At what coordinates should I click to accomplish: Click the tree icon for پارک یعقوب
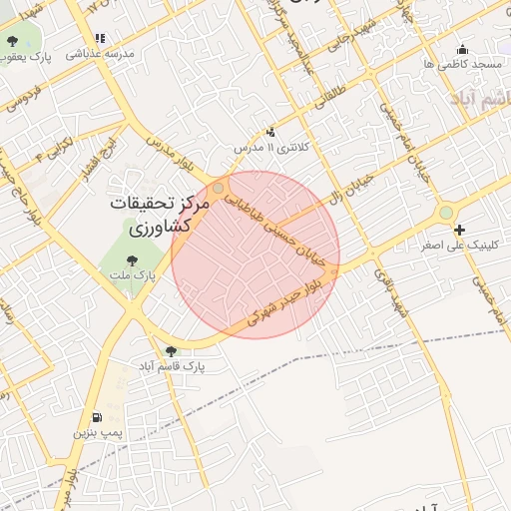pyautogui.click(x=12, y=41)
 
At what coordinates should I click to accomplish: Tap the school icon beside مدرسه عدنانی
pyautogui.click(x=101, y=38)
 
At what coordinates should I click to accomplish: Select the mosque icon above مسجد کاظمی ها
pyautogui.click(x=461, y=48)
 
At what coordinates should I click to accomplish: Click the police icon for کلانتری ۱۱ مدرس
pyautogui.click(x=269, y=132)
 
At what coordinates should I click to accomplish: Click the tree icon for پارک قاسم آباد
pyautogui.click(x=171, y=350)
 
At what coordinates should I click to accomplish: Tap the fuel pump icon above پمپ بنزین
pyautogui.click(x=95, y=417)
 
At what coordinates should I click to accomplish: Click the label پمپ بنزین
pyautogui.click(x=98, y=434)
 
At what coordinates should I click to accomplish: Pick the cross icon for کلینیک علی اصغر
pyautogui.click(x=459, y=230)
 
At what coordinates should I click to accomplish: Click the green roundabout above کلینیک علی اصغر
pyautogui.click(x=445, y=212)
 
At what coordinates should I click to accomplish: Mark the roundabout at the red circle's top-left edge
pyautogui.click(x=219, y=187)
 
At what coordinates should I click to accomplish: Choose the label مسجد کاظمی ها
pyautogui.click(x=462, y=64)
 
